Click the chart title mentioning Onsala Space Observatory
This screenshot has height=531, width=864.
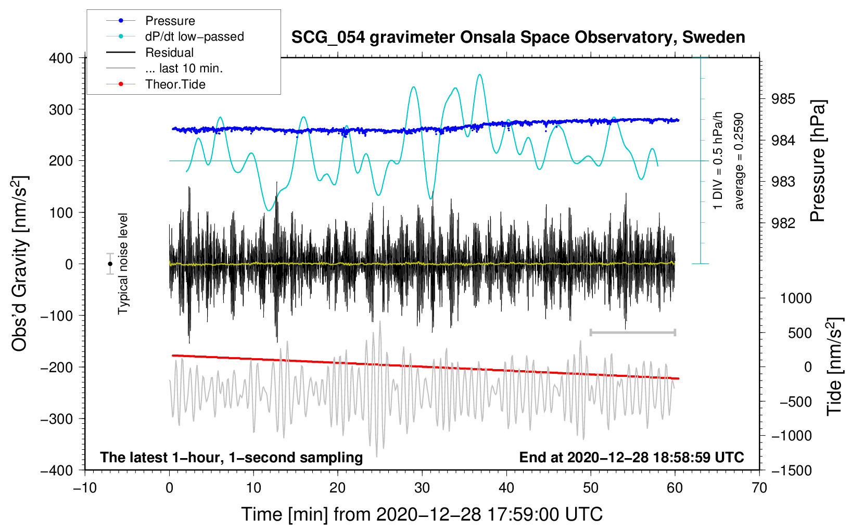pos(518,37)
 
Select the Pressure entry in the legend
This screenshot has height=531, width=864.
pos(151,20)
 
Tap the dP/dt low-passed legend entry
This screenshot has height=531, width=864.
pos(175,36)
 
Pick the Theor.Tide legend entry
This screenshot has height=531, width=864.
pos(156,84)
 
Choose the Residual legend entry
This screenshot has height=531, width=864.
pos(150,53)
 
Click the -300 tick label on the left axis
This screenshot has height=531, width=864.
pos(57,419)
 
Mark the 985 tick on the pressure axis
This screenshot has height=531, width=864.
pos(783,99)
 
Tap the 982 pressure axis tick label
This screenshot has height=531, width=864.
pos(783,223)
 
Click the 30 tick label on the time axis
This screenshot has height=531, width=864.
pos(422,488)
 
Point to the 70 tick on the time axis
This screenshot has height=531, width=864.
pos(759,488)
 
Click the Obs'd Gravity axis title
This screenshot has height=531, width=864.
pos(20,263)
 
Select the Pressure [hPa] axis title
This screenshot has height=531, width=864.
pos(817,161)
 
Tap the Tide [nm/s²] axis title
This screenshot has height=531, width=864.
pos(835,367)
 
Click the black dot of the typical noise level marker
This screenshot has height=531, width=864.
pos(110,264)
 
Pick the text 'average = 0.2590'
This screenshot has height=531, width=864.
pos(738,161)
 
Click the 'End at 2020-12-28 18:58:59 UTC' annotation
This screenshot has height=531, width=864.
pos(631,457)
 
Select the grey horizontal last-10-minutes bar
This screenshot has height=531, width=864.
pos(632,332)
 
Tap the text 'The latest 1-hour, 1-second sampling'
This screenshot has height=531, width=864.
pos(232,458)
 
